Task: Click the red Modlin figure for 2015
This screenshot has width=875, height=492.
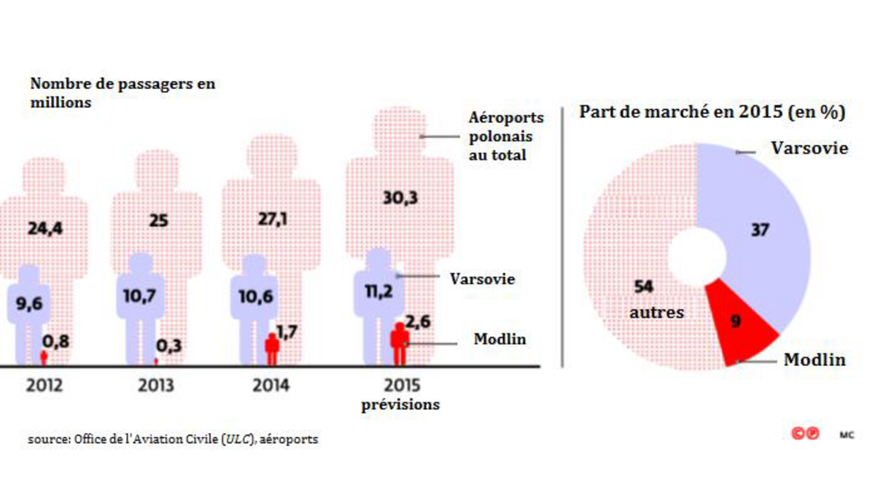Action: tap(400, 343)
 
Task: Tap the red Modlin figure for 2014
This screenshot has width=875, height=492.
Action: tap(272, 349)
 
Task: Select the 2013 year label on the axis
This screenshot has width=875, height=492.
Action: tap(157, 386)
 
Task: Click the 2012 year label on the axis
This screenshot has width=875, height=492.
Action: tap(44, 386)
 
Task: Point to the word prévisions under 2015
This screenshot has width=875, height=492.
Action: tap(400, 405)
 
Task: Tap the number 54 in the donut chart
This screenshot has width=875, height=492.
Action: tap(643, 287)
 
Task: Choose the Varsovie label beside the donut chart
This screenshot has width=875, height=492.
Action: tap(809, 148)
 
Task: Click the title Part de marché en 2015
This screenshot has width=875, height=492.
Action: tap(712, 113)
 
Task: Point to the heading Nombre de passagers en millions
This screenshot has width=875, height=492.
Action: tap(122, 93)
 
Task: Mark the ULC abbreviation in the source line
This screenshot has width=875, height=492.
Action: tap(238, 440)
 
